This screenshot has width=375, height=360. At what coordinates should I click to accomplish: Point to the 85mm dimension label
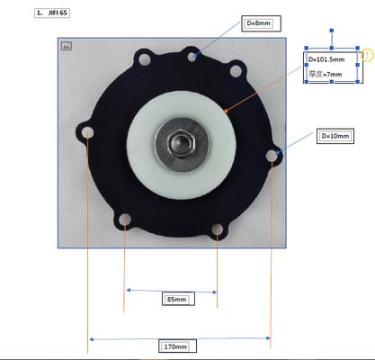click(177, 299)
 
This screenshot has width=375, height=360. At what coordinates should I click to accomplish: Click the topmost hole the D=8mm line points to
click(192, 57)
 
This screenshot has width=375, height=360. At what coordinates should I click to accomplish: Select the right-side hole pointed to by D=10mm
click(271, 157)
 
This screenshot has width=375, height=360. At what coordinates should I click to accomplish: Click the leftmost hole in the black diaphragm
click(87, 136)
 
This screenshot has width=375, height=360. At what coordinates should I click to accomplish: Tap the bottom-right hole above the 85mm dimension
click(217, 236)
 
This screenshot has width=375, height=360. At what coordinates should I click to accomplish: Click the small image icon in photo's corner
click(66, 45)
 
